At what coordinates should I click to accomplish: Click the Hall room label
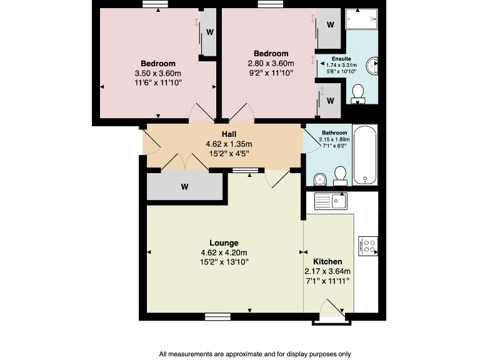pos(229,134)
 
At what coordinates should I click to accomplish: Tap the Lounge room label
pos(224,242)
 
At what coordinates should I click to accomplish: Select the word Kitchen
pos(327,261)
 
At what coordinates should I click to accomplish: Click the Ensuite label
pos(341,58)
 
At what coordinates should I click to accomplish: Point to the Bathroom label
pos(334,132)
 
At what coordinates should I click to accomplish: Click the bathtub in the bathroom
pos(364,154)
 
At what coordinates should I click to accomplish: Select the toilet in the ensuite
pos(359,94)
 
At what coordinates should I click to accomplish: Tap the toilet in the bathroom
pos(341,175)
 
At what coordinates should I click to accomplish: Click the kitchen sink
pos(331,201)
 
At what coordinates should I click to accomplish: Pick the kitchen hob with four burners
pos(368,246)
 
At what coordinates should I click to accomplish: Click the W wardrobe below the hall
pos(185,186)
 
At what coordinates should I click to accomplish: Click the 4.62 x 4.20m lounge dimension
pos(224,252)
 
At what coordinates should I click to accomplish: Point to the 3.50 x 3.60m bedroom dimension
pos(157,73)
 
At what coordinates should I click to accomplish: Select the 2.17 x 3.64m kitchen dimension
pos(327,271)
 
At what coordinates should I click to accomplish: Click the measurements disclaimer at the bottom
pos(255,353)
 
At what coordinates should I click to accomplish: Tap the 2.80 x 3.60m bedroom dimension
pos(271,63)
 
